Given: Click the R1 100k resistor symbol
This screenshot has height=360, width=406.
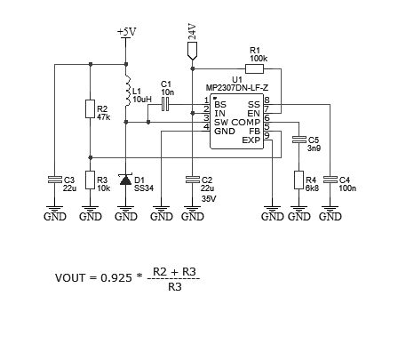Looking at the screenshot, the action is (x=254, y=69).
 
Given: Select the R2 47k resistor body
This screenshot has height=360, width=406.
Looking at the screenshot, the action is (x=91, y=108).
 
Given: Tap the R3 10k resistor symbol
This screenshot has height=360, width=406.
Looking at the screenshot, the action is (x=91, y=180).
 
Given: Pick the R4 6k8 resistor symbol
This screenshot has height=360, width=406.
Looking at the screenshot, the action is (x=299, y=180).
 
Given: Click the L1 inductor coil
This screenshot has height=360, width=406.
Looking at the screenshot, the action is (x=128, y=91).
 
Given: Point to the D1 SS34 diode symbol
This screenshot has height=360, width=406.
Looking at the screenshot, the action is (x=126, y=180).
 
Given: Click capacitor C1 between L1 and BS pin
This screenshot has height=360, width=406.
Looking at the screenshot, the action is (x=165, y=104).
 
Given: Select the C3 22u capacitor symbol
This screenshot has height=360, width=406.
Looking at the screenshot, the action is (x=55, y=180).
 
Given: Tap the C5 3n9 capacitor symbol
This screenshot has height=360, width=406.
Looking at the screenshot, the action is (x=299, y=140).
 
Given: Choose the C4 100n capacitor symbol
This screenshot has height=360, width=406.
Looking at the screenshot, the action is (x=330, y=180).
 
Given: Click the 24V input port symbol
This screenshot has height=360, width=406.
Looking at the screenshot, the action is (x=193, y=51).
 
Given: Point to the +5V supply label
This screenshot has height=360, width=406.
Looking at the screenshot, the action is (x=127, y=32).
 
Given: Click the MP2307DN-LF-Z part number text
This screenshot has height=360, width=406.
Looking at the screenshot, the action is (x=237, y=88).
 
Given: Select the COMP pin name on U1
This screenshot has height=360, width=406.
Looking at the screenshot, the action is (x=246, y=123).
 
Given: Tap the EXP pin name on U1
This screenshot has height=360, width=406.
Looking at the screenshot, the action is (x=251, y=140).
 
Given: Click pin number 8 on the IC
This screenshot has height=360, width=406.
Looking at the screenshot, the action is (x=267, y=100).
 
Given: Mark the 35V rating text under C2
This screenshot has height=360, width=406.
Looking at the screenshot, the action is (x=209, y=199).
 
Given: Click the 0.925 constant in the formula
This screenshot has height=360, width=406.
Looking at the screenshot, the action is (x=116, y=278).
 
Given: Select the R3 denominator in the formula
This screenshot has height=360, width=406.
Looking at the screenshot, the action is (x=175, y=287).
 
